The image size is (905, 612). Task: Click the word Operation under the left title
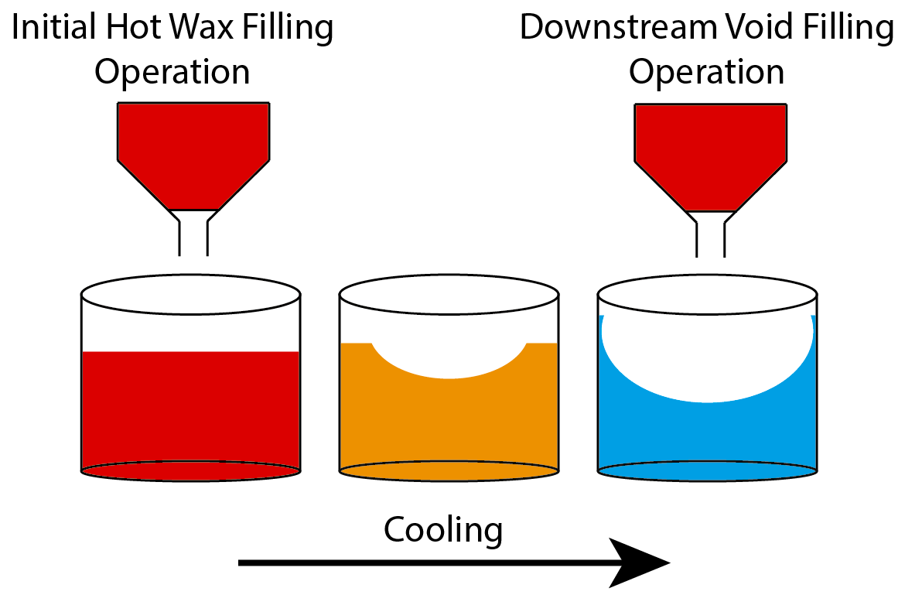172,73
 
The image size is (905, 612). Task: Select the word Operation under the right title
706,73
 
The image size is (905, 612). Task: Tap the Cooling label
443,531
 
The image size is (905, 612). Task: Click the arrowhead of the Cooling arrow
641,563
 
